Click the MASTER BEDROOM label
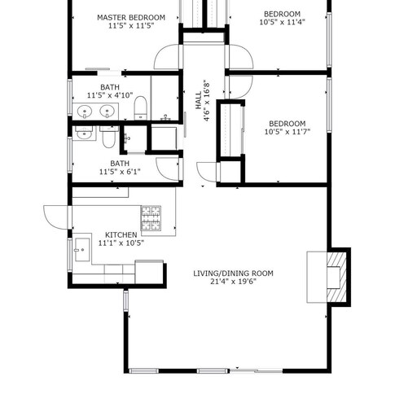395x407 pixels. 131,18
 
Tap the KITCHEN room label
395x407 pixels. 121,234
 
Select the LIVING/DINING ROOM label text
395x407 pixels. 233,274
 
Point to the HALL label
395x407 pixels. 199,100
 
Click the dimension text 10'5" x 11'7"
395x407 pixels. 287,132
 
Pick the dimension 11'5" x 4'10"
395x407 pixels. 110,95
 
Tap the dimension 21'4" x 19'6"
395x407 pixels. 233,282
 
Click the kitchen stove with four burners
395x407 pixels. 151,218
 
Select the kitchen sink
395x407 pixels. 82,250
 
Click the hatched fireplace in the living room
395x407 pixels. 336,277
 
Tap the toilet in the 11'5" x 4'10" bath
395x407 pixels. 141,107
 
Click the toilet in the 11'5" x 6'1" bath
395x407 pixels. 109,137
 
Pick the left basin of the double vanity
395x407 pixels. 85,112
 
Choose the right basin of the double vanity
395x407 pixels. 107,112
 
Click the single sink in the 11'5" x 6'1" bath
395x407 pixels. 84,133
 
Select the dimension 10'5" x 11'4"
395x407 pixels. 283,22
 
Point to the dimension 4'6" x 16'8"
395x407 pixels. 207,100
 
